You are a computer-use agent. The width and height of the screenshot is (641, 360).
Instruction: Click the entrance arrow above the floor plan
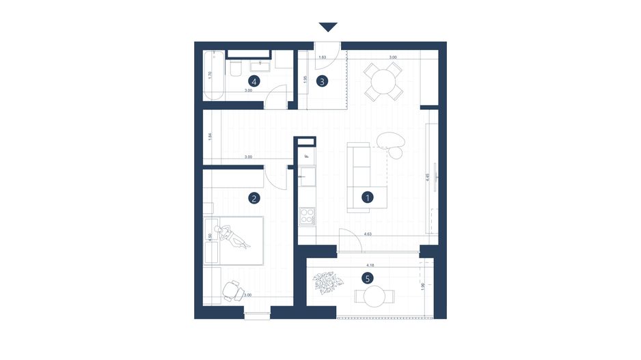328,27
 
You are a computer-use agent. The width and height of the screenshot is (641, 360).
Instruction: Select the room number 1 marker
368,198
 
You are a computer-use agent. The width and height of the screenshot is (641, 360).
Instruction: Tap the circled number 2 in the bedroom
254,199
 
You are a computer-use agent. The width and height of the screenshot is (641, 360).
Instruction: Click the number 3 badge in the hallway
323,81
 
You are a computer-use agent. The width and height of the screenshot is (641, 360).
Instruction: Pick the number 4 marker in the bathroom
254,81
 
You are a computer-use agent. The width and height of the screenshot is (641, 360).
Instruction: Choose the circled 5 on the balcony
368,278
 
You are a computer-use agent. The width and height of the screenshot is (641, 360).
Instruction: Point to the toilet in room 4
234,69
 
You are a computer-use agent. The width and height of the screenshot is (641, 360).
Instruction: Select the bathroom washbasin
260,66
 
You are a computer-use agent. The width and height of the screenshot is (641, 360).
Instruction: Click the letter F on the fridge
307,156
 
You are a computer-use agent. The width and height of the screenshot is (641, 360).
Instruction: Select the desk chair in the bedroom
234,291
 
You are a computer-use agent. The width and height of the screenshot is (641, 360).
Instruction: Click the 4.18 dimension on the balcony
370,264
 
